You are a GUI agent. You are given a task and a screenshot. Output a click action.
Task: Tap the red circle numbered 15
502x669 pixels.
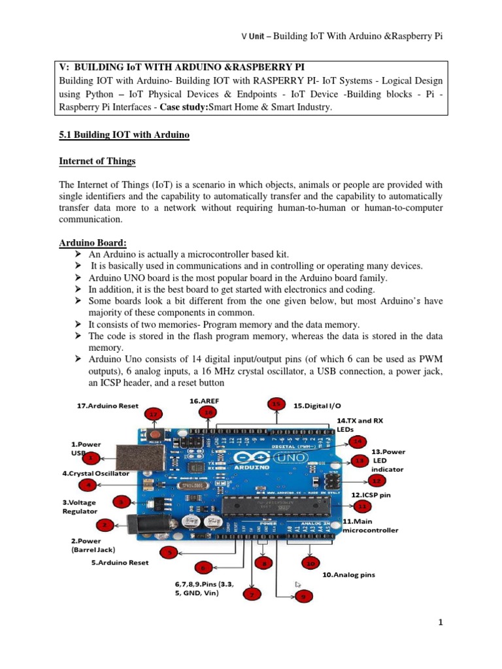pyautogui.click(x=276, y=404)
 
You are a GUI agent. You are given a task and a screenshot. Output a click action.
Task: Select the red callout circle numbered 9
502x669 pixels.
pyautogui.click(x=302, y=596)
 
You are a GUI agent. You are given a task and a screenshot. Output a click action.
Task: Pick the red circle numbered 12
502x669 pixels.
pyautogui.click(x=376, y=481)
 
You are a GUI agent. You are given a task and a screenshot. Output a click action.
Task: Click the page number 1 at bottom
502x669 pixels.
pyautogui.click(x=441, y=623)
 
